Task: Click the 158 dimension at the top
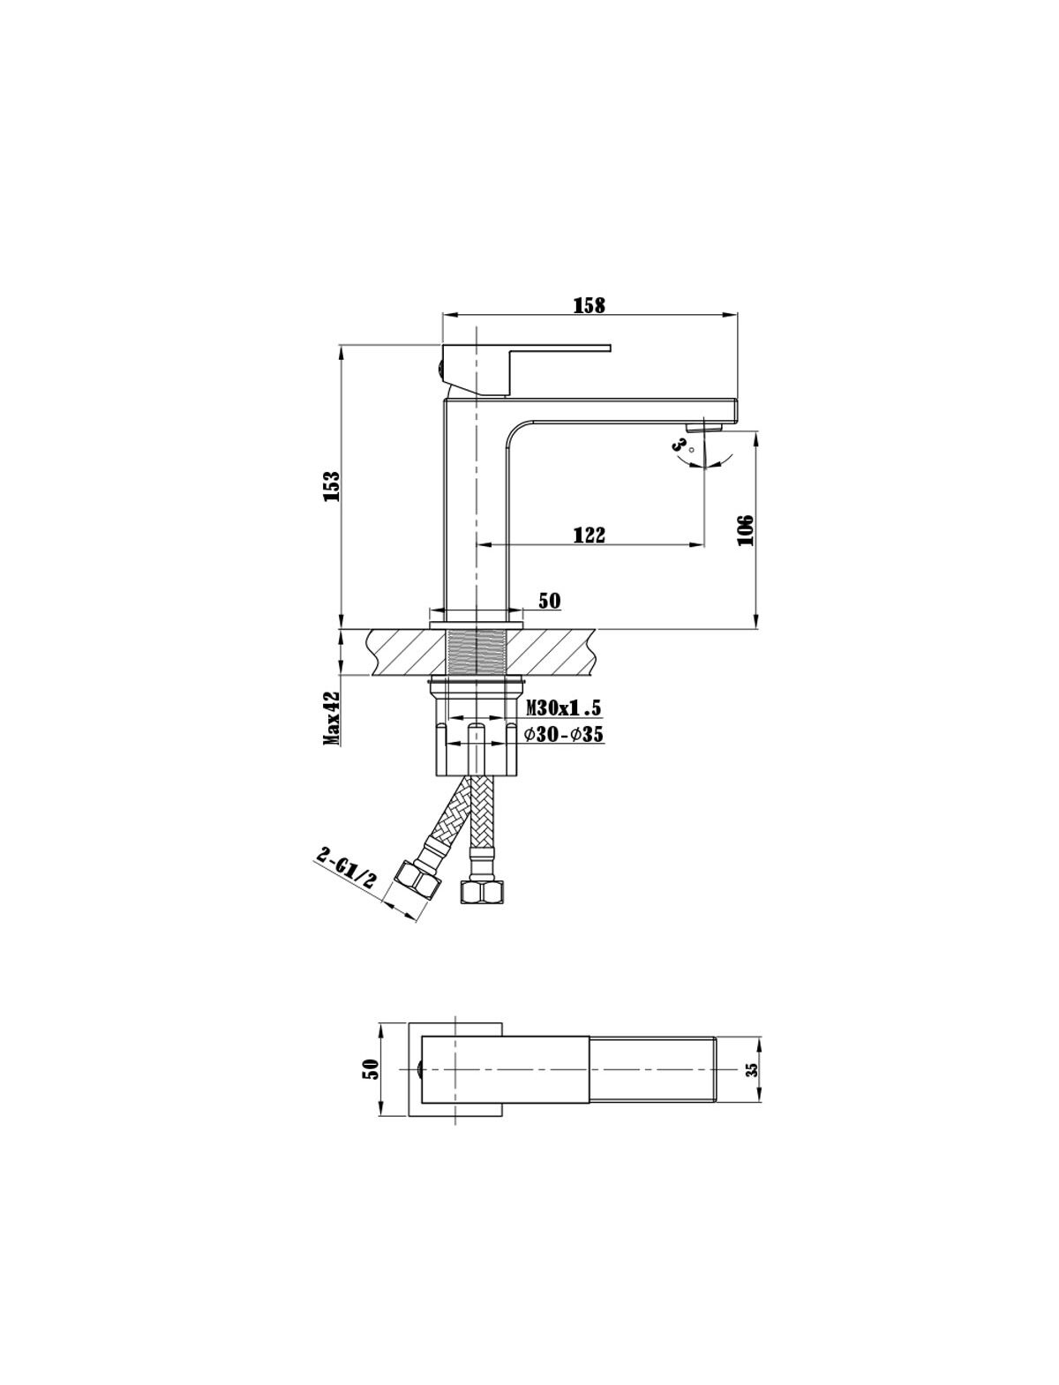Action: [x=589, y=304]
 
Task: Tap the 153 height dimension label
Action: [x=332, y=486]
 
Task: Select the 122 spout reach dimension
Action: [x=589, y=535]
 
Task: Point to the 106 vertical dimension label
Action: [x=746, y=530]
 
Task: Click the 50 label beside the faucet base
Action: [x=550, y=601]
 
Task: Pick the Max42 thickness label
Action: [x=333, y=718]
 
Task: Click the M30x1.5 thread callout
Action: [x=564, y=708]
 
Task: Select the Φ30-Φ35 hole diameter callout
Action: [x=564, y=735]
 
